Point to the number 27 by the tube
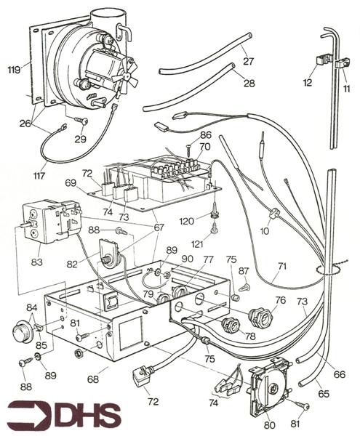click(248, 61)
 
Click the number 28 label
click(249, 83)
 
